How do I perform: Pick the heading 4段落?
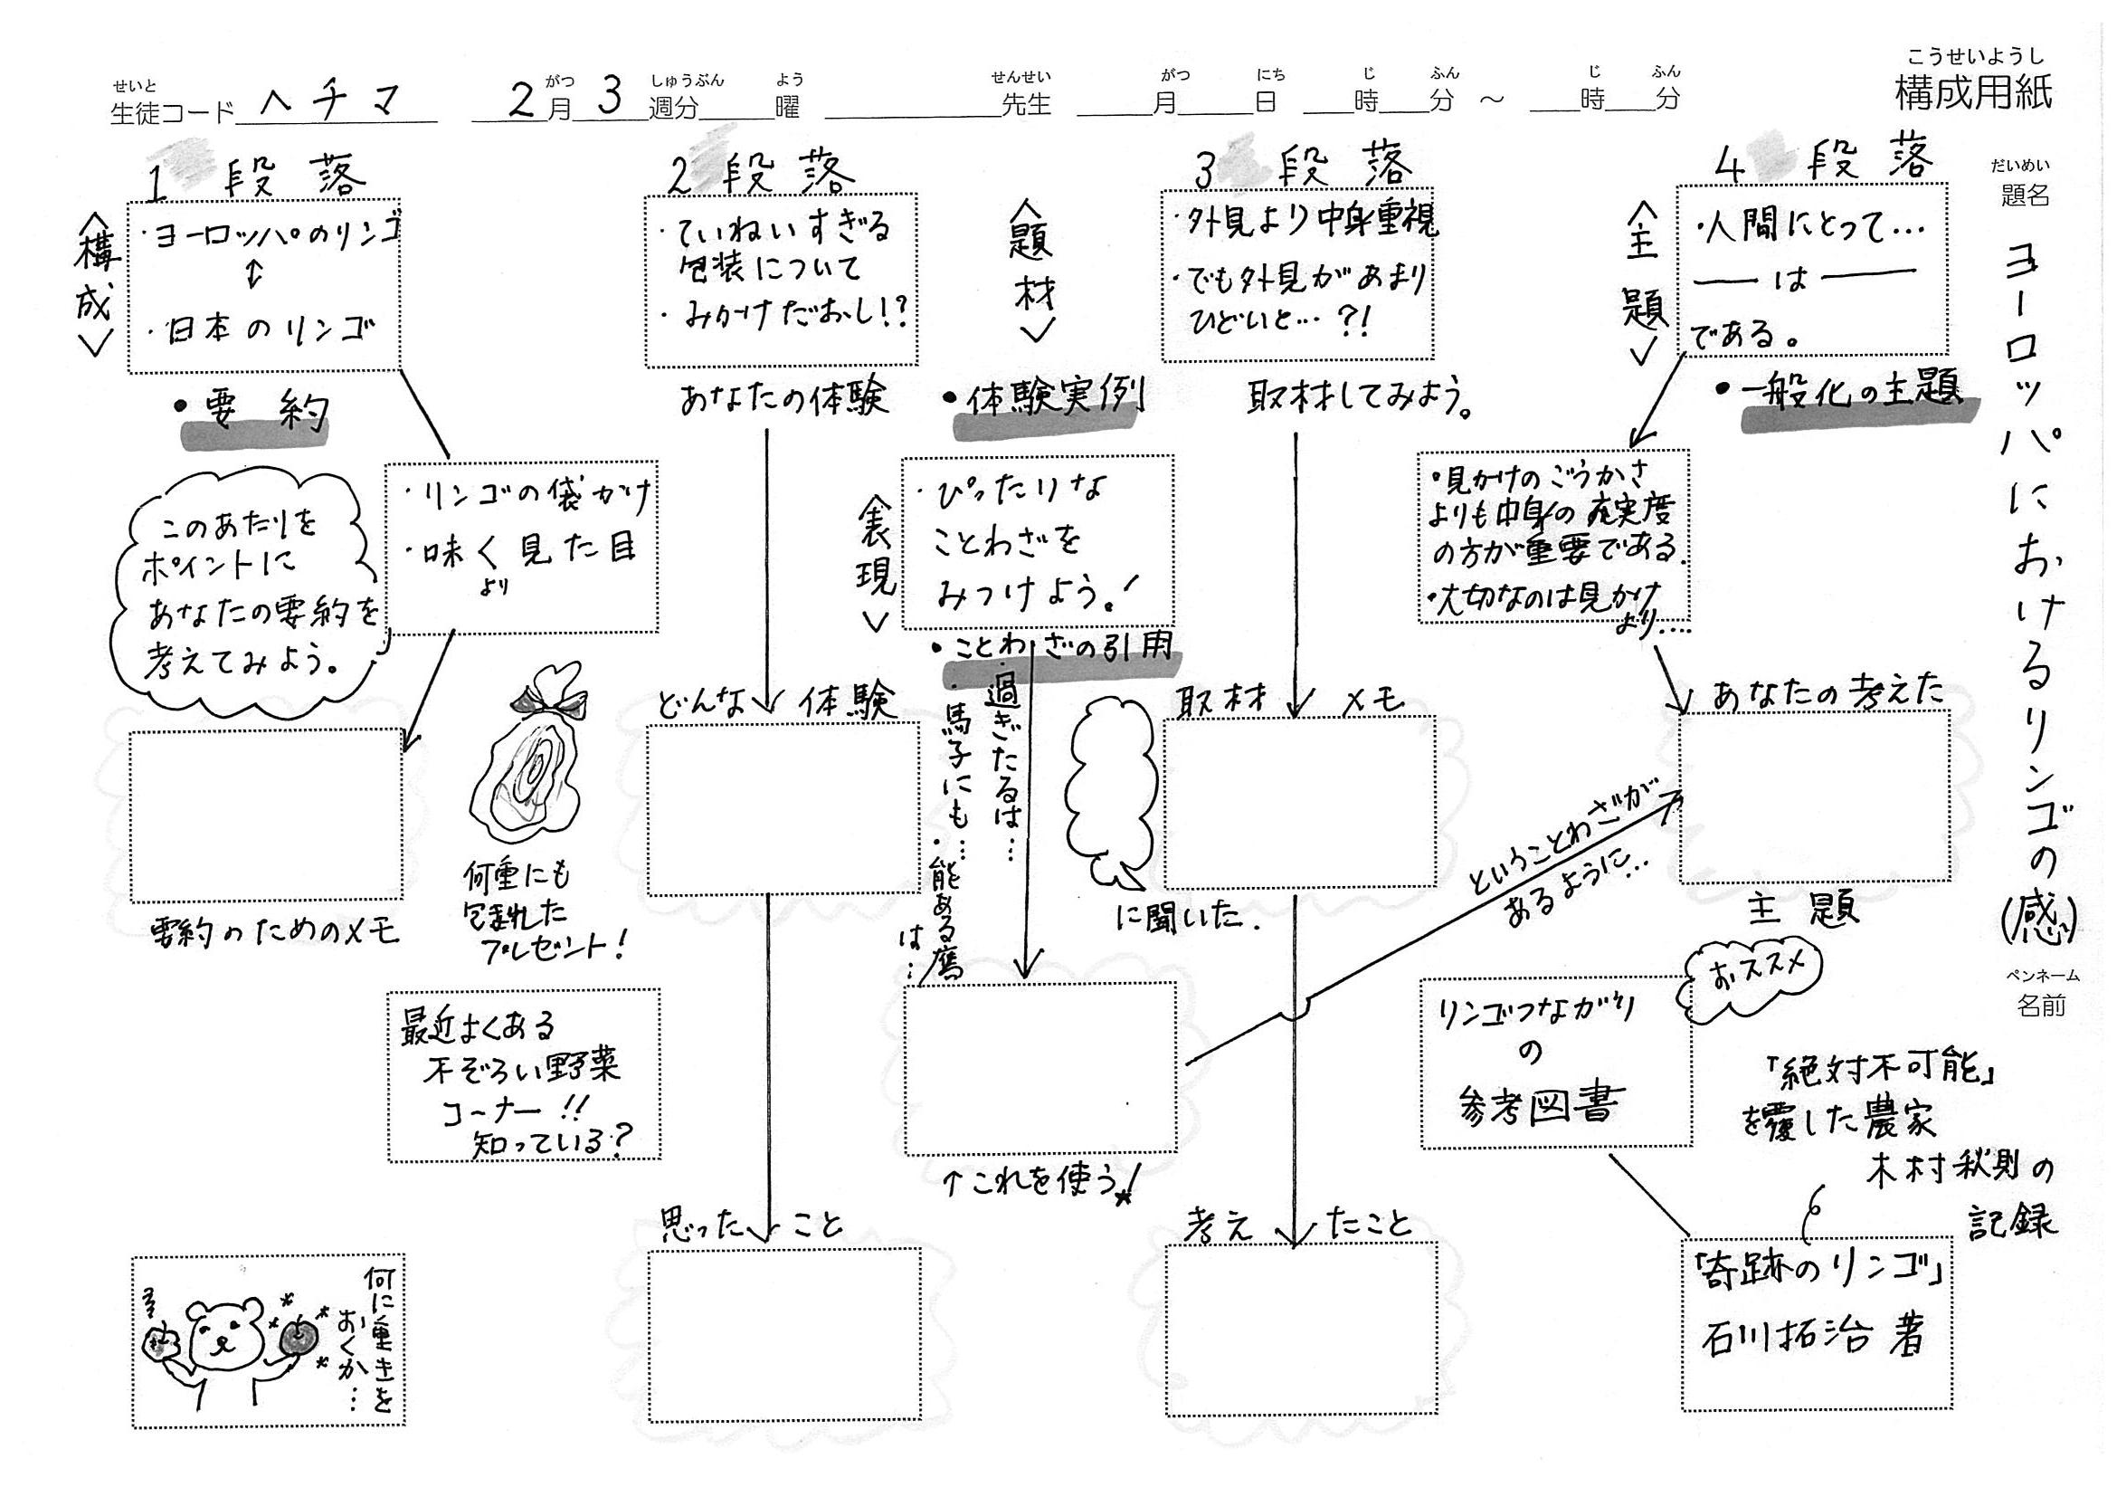(x=1826, y=163)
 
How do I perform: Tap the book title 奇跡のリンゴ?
(x=1814, y=1277)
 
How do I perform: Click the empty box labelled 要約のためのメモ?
(x=267, y=815)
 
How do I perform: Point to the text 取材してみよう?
(x=1356, y=399)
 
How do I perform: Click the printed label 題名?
(x=2025, y=196)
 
